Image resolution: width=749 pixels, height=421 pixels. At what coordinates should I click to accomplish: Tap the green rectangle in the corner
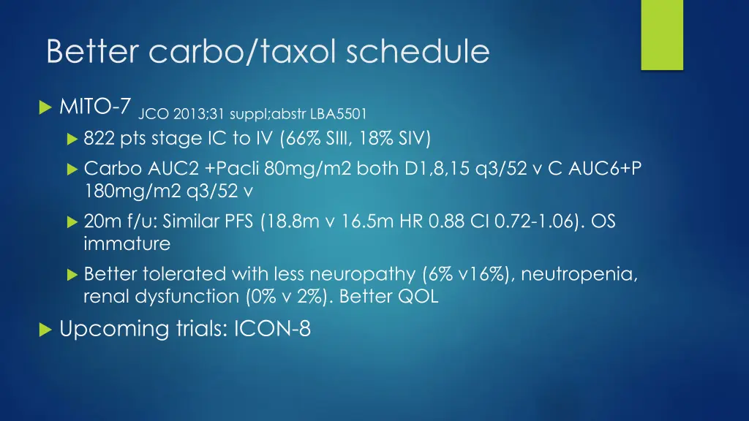(x=661, y=34)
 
